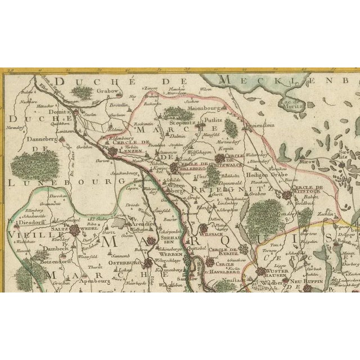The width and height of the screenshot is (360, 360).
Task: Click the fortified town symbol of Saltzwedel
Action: (x=74, y=231)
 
